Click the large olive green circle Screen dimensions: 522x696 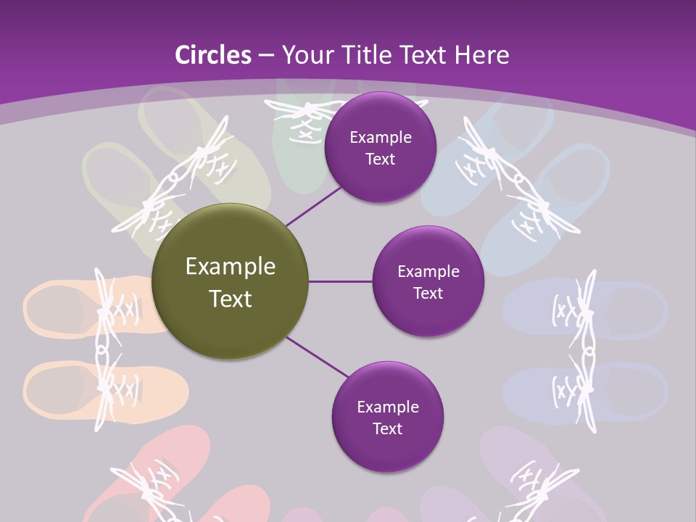coord(230,281)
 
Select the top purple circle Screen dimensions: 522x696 coord(380,147)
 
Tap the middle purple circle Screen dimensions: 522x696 coord(428,281)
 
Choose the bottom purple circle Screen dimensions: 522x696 coord(387,417)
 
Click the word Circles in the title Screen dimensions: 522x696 coord(212,55)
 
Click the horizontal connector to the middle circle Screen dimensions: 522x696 coord(341,281)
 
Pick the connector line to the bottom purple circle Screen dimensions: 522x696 coord(318,357)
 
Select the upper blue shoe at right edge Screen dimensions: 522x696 coord(623,308)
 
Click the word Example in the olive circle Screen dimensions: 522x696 coord(230,267)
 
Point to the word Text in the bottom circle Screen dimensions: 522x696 coord(387,428)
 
